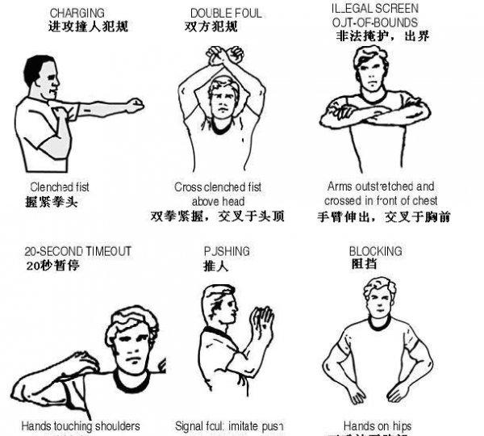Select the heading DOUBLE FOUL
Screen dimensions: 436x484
click(226, 13)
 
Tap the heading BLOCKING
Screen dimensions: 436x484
click(375, 251)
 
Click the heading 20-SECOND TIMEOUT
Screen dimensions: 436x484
click(77, 251)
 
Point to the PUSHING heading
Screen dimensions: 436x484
click(227, 251)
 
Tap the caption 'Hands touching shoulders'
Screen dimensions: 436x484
click(80, 426)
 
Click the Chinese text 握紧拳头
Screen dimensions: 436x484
click(53, 201)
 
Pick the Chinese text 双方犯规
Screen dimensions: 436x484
click(211, 27)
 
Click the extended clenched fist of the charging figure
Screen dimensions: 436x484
click(134, 105)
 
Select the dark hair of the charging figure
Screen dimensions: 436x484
click(37, 66)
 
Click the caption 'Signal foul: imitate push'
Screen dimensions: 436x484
click(229, 426)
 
